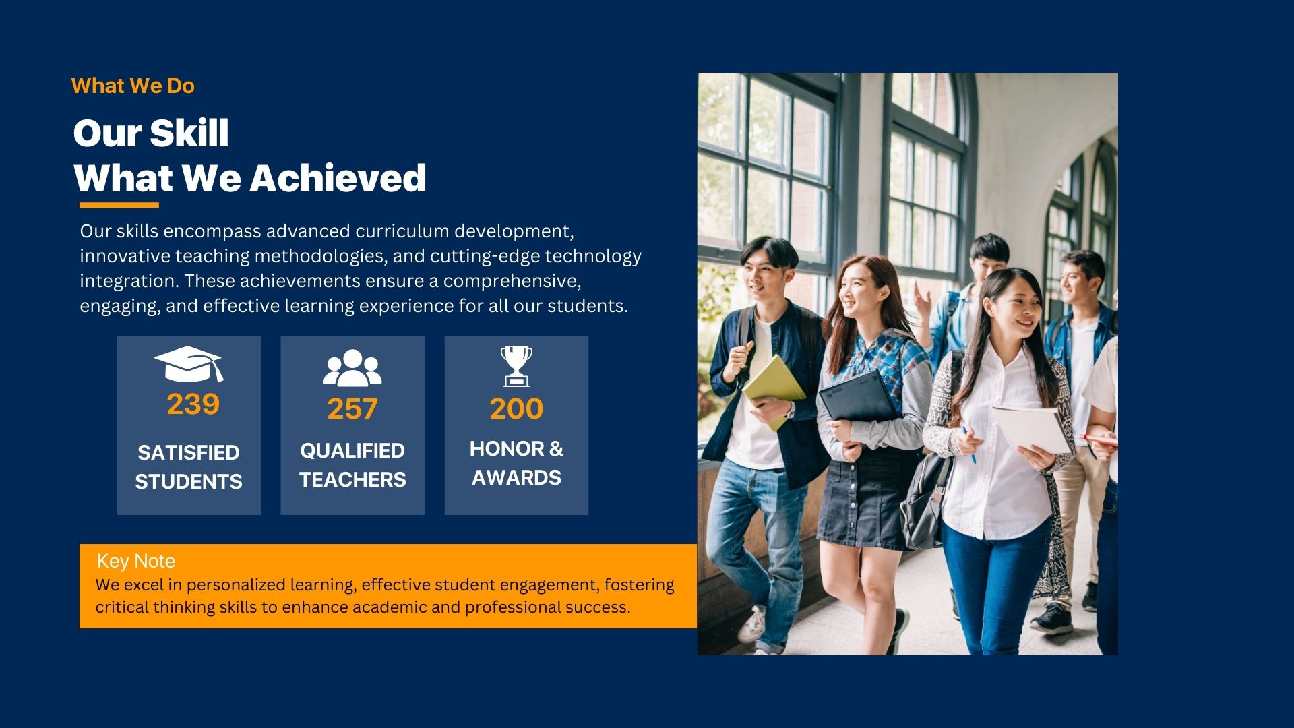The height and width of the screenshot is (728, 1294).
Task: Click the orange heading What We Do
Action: pos(133,86)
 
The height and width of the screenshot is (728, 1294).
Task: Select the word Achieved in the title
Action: pos(338,179)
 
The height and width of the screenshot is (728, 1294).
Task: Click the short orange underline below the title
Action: pos(119,205)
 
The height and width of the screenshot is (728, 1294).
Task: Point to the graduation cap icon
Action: pos(188,364)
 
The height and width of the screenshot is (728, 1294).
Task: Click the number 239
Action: pos(193,404)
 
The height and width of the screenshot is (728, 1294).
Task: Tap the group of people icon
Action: pos(352,367)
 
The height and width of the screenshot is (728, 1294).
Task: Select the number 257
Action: pos(352,409)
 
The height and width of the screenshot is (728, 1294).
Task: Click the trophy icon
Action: pos(516,366)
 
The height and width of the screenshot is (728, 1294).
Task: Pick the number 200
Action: pos(516,408)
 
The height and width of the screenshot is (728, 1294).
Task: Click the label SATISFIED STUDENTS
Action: pos(189,466)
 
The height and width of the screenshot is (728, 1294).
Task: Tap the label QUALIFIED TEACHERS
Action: pos(352,464)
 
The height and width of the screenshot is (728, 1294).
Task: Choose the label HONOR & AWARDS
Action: pos(516,463)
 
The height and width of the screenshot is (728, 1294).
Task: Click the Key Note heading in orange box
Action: pos(135,561)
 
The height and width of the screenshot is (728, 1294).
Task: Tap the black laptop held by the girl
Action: pos(857,398)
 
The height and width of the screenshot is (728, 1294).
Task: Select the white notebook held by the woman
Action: pos(1030,429)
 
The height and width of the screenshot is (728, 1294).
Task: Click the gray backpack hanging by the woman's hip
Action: pos(925,499)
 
